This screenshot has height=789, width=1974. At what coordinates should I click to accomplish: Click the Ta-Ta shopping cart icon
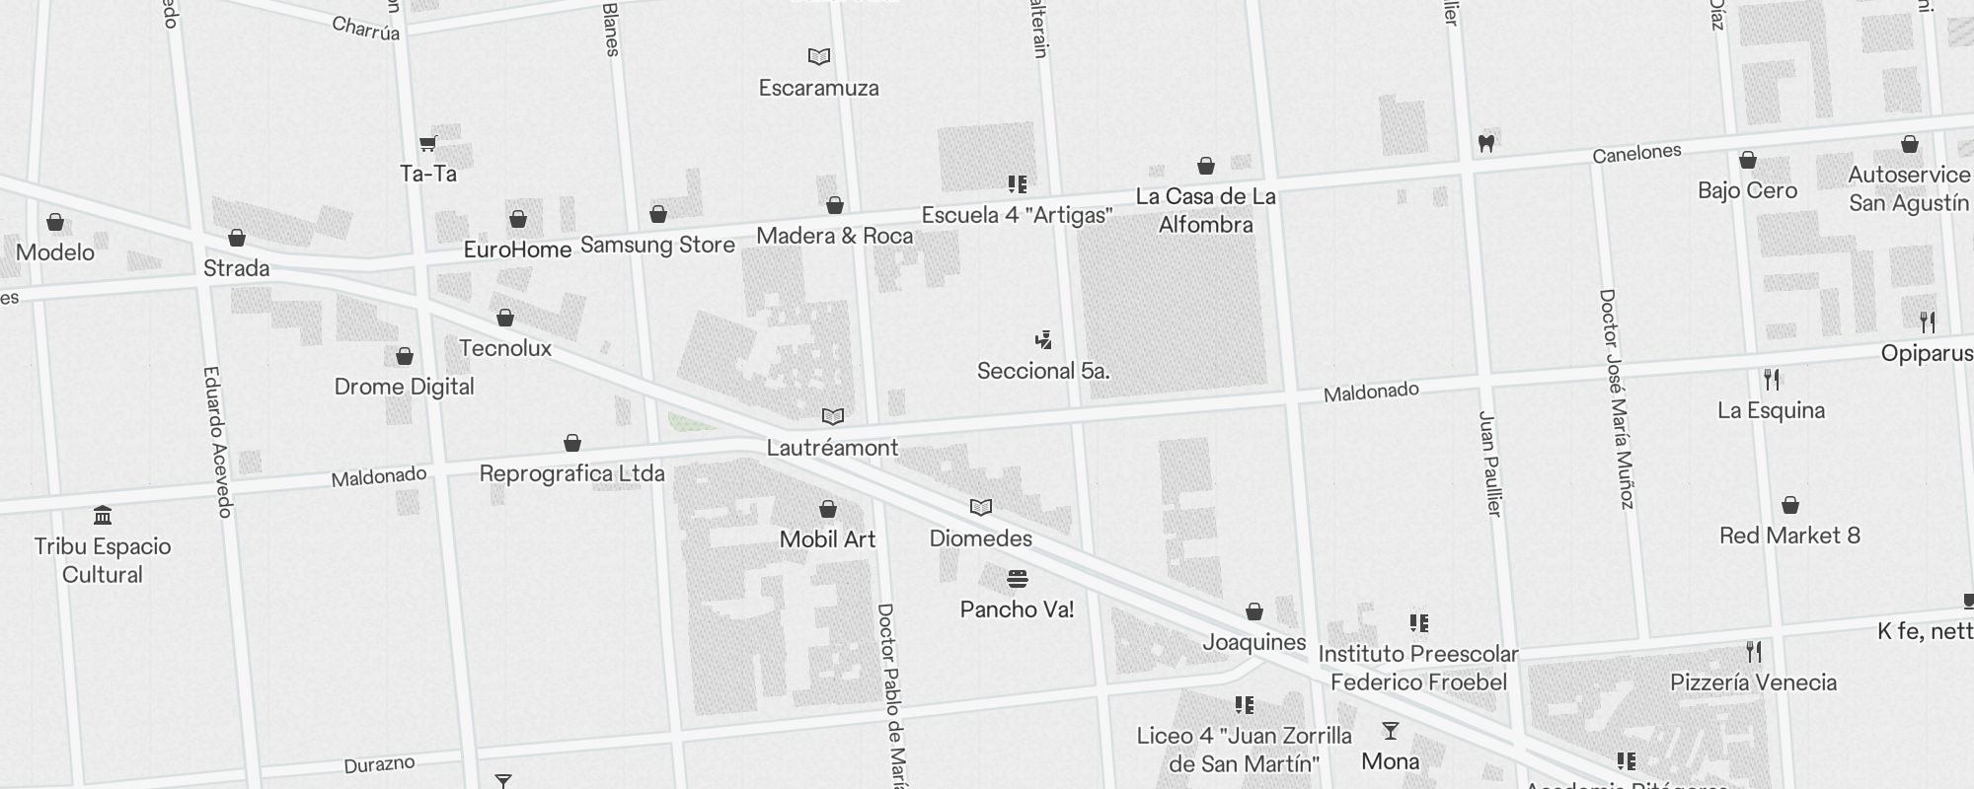pos(428,144)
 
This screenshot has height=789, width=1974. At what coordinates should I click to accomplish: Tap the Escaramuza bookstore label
pos(818,88)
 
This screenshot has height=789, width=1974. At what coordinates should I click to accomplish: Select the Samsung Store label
pos(657,245)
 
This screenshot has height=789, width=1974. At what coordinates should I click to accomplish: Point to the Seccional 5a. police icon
pos(1043,341)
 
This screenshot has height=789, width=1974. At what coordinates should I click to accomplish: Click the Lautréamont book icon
pos(833,417)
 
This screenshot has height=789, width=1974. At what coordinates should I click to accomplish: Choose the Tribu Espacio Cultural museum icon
pos(103,516)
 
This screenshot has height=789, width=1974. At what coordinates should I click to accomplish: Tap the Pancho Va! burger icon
pos(1018,578)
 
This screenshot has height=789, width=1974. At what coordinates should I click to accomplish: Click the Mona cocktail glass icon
pos(1391,731)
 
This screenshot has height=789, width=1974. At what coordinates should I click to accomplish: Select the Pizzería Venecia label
pos(1753,682)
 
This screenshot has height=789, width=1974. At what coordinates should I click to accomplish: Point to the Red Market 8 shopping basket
pos(1790,506)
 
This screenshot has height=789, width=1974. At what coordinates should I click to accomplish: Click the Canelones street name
pos(1636,154)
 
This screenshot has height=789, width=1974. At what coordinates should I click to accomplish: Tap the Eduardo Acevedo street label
pos(217,441)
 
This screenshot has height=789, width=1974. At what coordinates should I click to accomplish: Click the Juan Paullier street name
pos(1489,463)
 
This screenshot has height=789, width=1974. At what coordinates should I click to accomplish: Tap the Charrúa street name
pos(366,29)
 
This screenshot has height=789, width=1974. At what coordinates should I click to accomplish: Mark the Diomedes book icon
pos(980,508)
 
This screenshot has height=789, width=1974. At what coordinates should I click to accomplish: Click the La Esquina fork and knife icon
pos(1772,380)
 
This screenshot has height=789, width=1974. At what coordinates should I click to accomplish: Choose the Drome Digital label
pos(404,387)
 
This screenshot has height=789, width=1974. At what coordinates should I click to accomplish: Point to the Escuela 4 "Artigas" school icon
pos(1018,184)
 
